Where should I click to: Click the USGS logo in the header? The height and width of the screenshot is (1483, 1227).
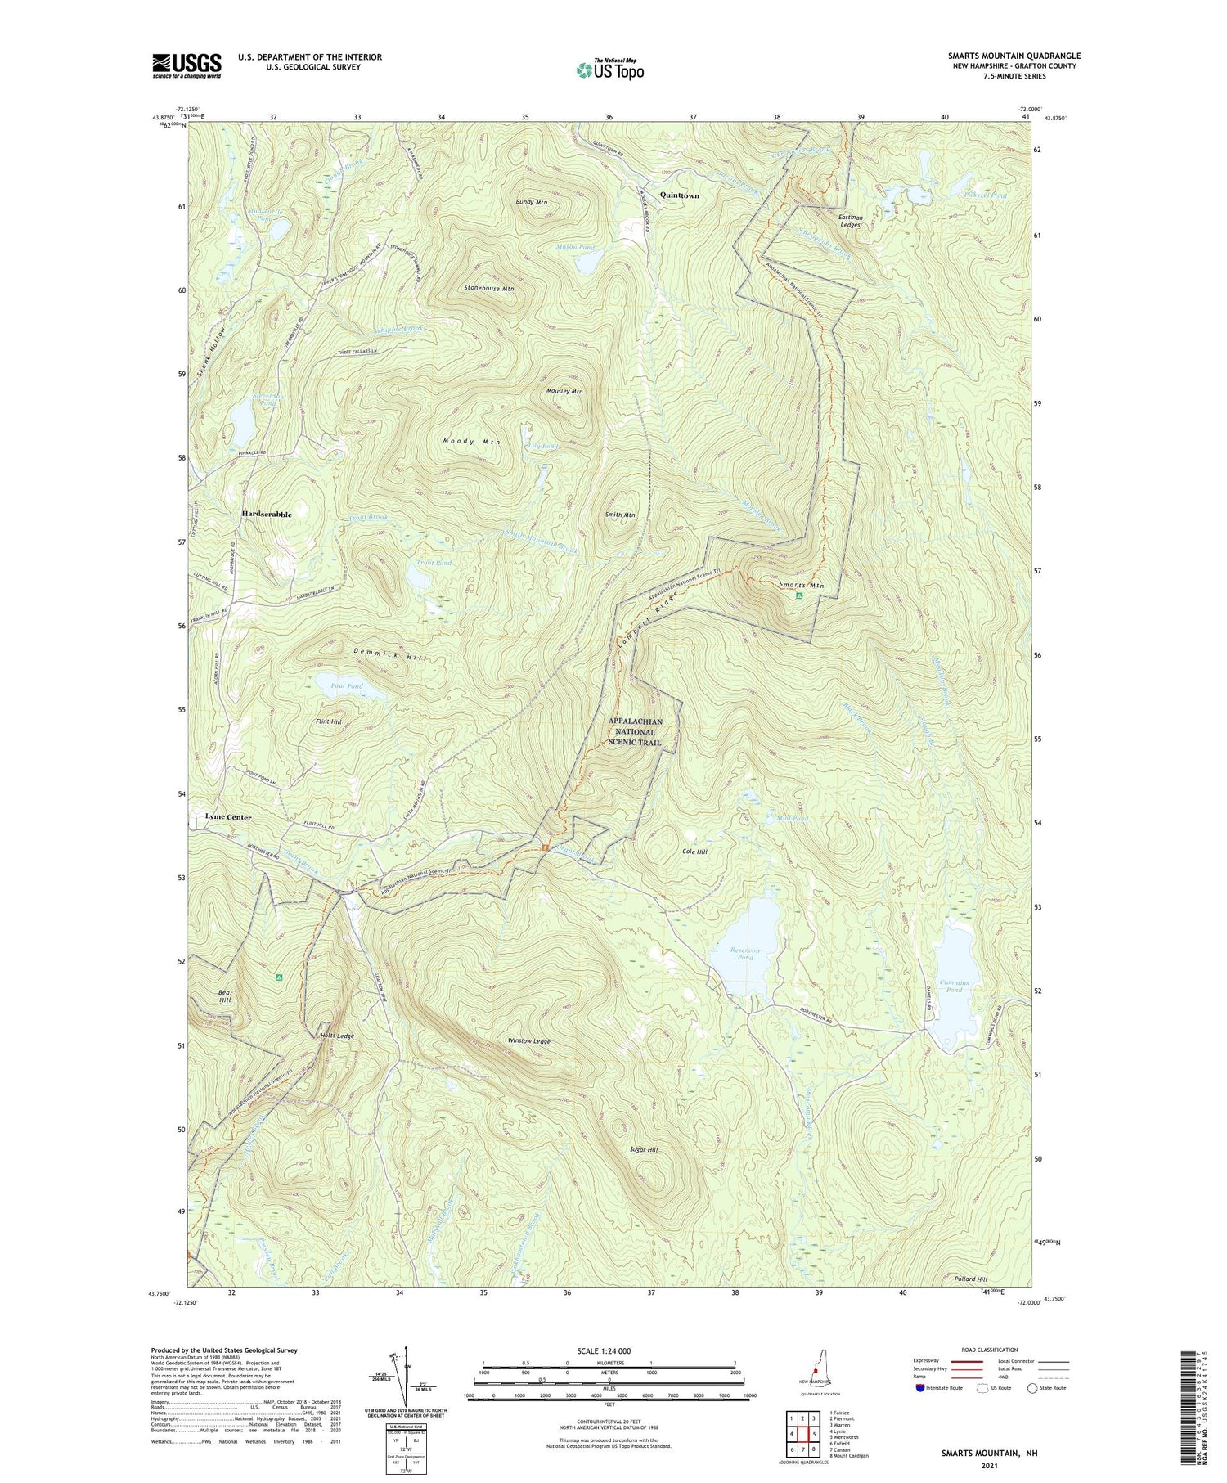tap(187, 65)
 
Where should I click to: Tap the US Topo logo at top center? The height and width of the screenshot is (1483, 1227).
tap(609, 70)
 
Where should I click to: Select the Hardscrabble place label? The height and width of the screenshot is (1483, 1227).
tap(267, 514)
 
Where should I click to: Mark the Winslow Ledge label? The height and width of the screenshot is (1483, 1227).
tap(529, 1041)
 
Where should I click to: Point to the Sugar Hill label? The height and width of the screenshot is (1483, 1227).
tap(644, 1149)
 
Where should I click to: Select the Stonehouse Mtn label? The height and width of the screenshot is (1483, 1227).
tap(489, 289)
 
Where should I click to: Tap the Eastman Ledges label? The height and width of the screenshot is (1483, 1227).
tap(851, 221)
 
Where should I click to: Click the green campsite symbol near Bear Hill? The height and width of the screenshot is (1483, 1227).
tap(279, 977)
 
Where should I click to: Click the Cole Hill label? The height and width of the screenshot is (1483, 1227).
tap(694, 852)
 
